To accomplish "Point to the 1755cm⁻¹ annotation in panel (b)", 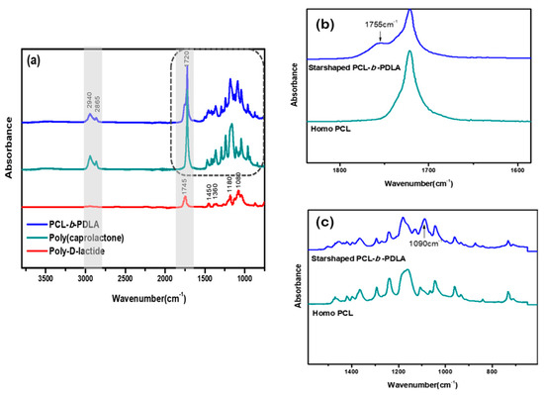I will [381, 23].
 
